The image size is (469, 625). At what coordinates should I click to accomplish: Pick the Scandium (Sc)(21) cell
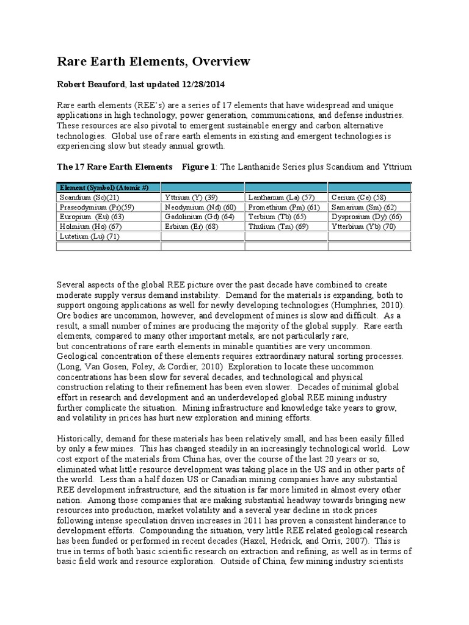coord(89,198)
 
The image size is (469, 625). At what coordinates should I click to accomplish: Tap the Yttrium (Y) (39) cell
coord(192,198)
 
